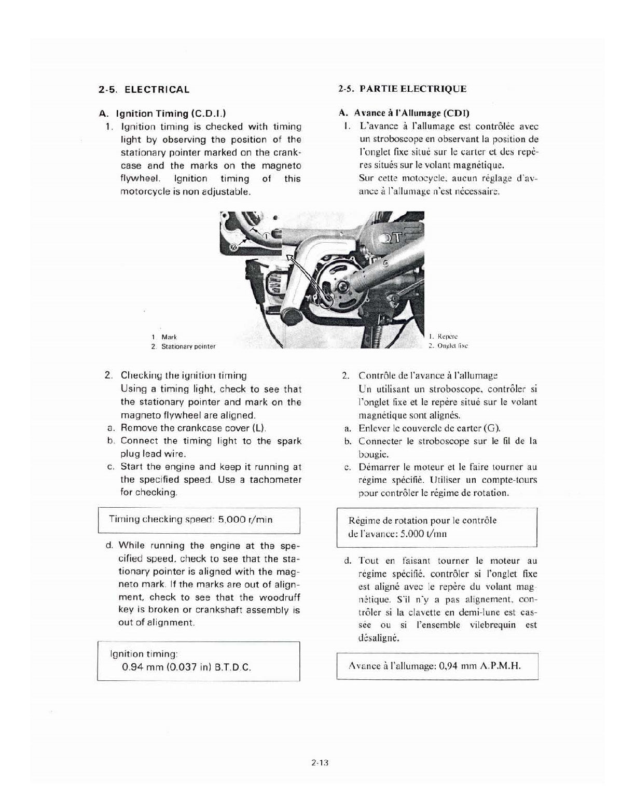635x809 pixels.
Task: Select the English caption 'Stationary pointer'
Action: pos(188,346)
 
